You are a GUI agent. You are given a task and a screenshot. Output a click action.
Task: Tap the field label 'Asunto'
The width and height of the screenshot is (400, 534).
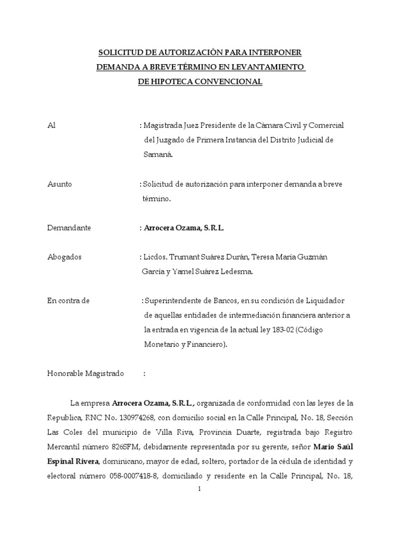[x=59, y=184]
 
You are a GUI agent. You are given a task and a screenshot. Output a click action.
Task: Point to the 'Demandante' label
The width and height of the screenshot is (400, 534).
[x=69, y=228]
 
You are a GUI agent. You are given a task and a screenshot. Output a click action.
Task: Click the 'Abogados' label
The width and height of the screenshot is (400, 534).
[x=64, y=257]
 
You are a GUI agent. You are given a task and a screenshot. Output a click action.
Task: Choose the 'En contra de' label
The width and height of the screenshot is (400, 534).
[x=68, y=301]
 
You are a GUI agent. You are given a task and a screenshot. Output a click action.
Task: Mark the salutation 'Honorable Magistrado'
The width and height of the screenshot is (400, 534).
[x=85, y=374]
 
